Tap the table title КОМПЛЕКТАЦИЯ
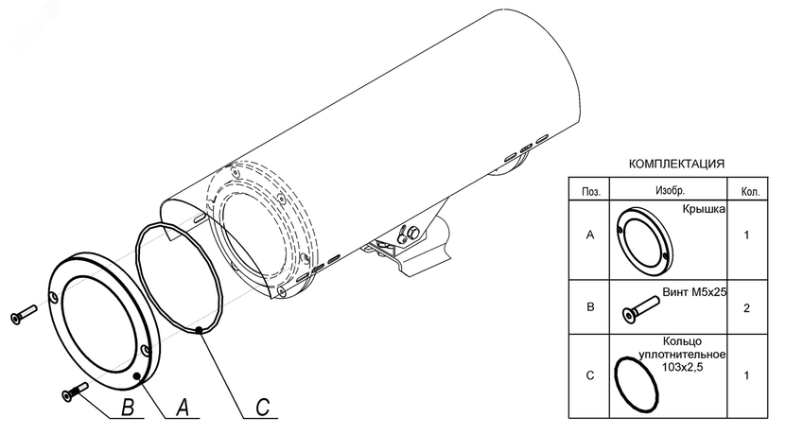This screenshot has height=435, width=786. pyautogui.click(x=676, y=164)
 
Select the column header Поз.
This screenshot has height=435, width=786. pyautogui.click(x=590, y=191)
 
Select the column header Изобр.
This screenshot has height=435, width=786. pyautogui.click(x=670, y=191)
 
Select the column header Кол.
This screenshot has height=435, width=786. pyautogui.click(x=746, y=191)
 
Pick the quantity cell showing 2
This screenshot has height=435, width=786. pyautogui.click(x=746, y=307)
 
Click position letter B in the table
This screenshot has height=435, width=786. pyautogui.click(x=590, y=307)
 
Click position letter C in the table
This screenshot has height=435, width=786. pyautogui.click(x=590, y=376)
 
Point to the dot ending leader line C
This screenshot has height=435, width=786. pyautogui.click(x=201, y=329)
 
